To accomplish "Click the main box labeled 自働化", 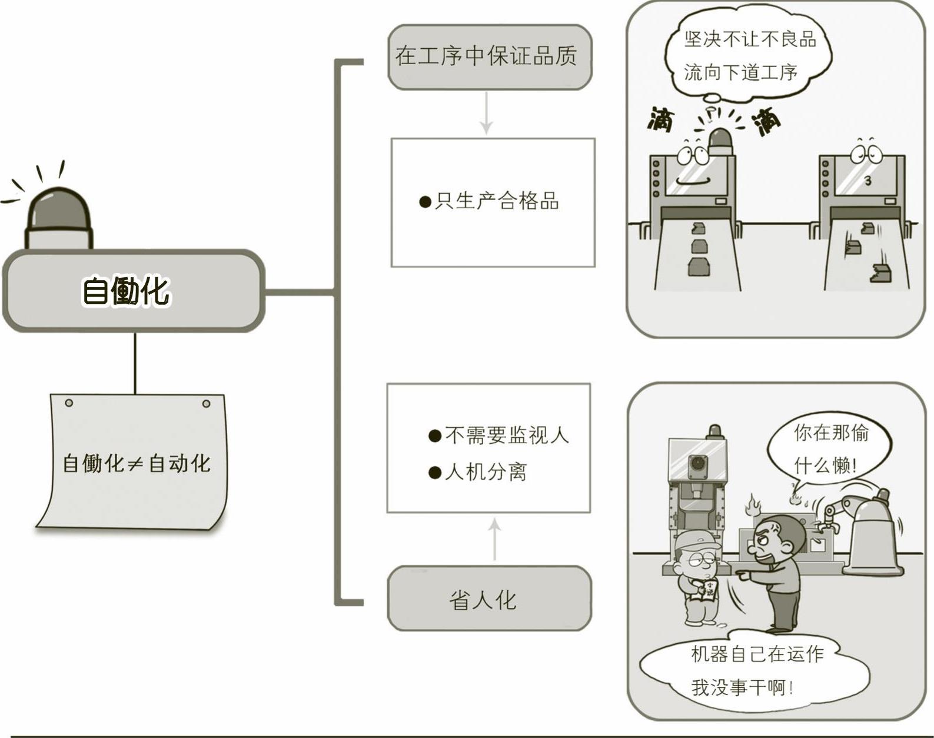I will tap(134, 291).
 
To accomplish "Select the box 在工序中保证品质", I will tap(488, 57).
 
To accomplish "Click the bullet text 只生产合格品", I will tap(490, 201).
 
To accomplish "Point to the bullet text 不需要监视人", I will tap(499, 436).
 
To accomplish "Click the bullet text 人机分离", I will tap(478, 471).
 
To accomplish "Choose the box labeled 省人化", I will tap(488, 599).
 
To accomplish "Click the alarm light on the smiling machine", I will tap(722, 142).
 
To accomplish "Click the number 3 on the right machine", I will tap(867, 181).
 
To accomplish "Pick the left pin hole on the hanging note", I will tap(69, 403).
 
